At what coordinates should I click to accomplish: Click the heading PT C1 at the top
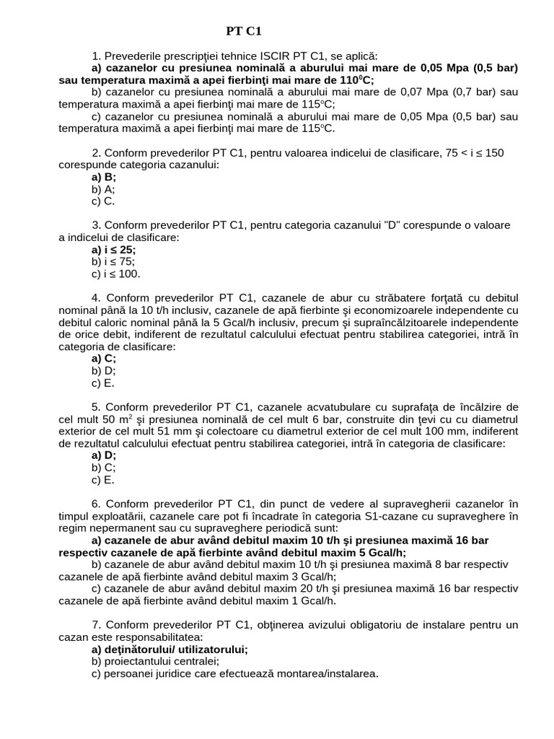[243, 31]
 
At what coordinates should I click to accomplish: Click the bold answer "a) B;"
[104, 177]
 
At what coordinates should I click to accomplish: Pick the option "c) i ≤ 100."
[116, 274]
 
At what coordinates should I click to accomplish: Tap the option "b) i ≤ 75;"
[113, 262]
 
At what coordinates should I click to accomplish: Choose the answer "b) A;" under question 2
[103, 189]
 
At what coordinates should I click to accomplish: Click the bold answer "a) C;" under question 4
[104, 359]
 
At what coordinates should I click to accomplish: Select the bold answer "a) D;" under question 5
[104, 455]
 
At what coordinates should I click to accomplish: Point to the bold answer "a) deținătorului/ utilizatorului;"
[170, 650]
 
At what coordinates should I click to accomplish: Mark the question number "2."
[97, 152]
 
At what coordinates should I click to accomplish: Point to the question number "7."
[97, 625]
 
